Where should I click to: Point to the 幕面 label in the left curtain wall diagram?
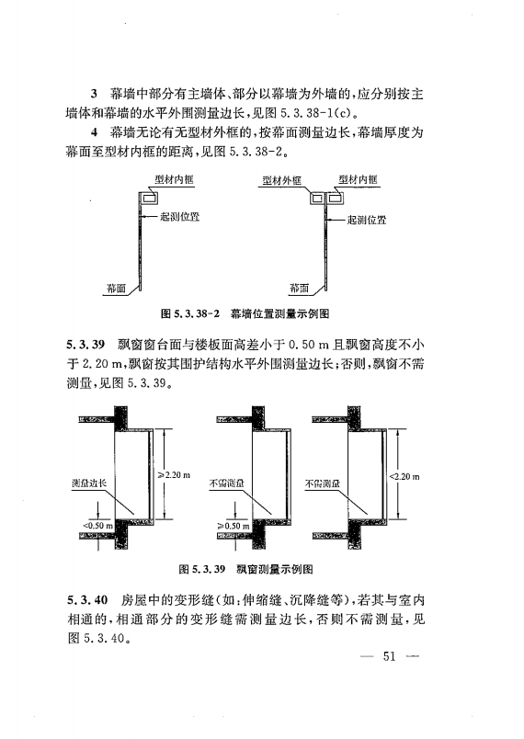click(116, 287)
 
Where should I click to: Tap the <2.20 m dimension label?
click(405, 476)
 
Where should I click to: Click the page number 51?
click(390, 656)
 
